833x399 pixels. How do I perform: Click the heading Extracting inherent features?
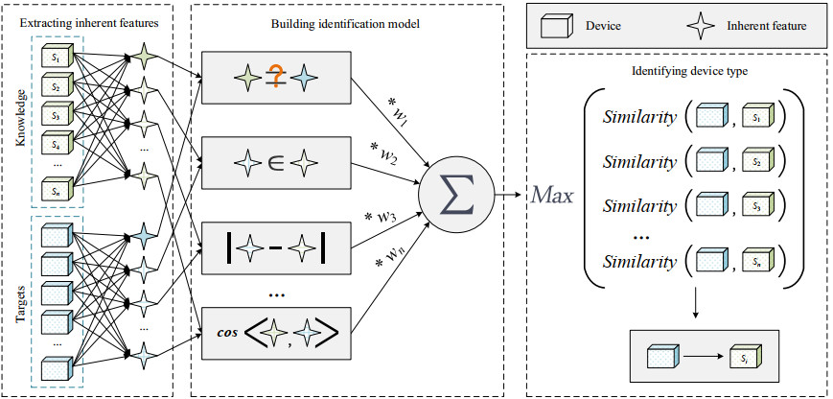click(x=87, y=18)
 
